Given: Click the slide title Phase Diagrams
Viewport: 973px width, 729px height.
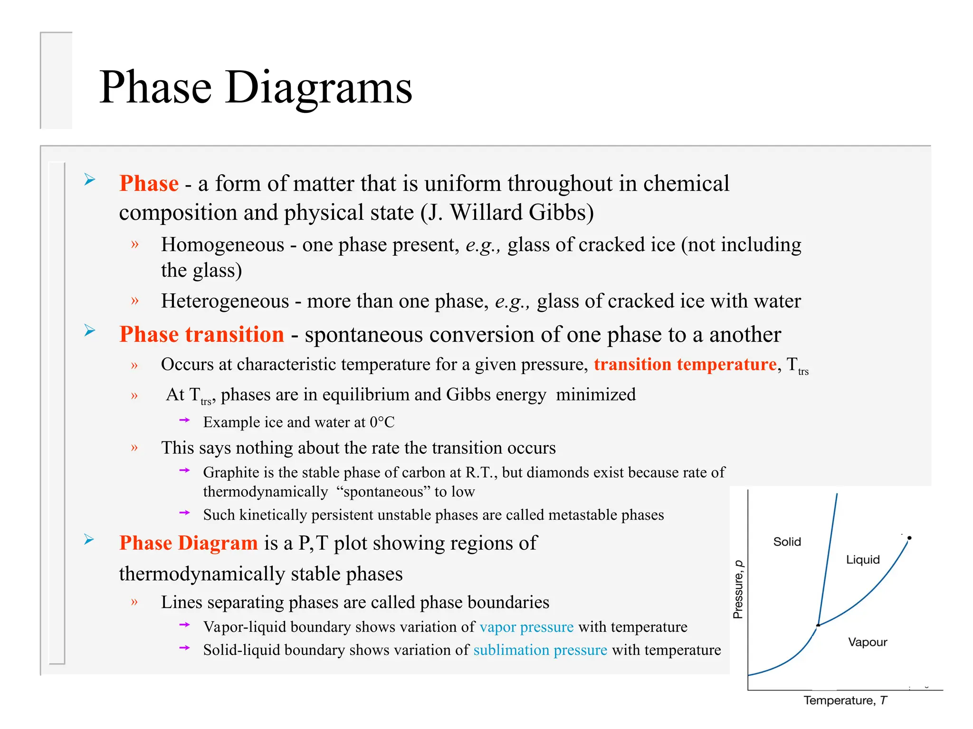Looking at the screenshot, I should tap(256, 87).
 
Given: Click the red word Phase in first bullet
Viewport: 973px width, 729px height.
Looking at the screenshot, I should tap(149, 183).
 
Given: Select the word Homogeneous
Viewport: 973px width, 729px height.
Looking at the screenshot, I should tap(222, 245).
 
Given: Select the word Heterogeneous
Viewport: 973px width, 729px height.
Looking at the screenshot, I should tap(225, 301).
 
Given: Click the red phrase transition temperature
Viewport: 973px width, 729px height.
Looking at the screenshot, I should tap(685, 364).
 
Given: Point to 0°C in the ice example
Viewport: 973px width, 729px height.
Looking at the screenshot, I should tap(382, 422).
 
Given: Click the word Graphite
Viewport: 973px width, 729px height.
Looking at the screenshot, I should tap(231, 473).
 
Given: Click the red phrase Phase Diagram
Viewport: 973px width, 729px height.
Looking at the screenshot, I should tap(188, 543).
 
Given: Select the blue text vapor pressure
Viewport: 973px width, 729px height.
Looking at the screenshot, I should tap(526, 627).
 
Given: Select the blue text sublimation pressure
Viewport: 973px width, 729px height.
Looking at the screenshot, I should tap(540, 650).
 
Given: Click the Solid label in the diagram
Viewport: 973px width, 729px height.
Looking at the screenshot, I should tap(787, 542).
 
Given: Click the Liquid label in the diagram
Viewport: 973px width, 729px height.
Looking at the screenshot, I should tap(863, 560).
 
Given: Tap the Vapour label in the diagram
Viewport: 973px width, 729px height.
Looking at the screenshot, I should tap(868, 642).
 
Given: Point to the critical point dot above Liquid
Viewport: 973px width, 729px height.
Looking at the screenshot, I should tap(909, 538).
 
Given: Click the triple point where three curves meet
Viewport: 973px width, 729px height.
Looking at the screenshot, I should tap(818, 626).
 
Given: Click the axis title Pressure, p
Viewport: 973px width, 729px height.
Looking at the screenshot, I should tap(738, 589).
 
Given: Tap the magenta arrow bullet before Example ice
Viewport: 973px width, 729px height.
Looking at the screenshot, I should tap(184, 420).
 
